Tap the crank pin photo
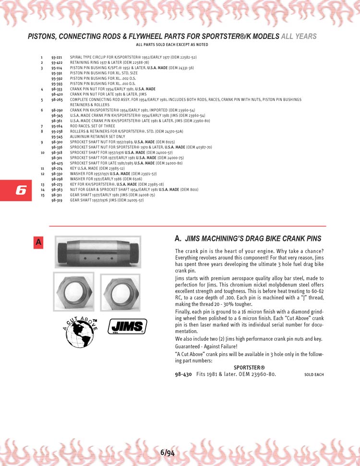(x=98, y=251)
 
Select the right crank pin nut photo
(x=120, y=292)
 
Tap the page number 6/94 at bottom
(x=168, y=452)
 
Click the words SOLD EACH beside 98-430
(x=314, y=374)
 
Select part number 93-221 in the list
(x=57, y=58)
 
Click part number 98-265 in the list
(x=57, y=100)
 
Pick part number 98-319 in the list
(x=57, y=200)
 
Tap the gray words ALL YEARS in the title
(x=299, y=36)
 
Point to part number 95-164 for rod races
(x=57, y=126)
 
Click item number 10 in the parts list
(x=42, y=153)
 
